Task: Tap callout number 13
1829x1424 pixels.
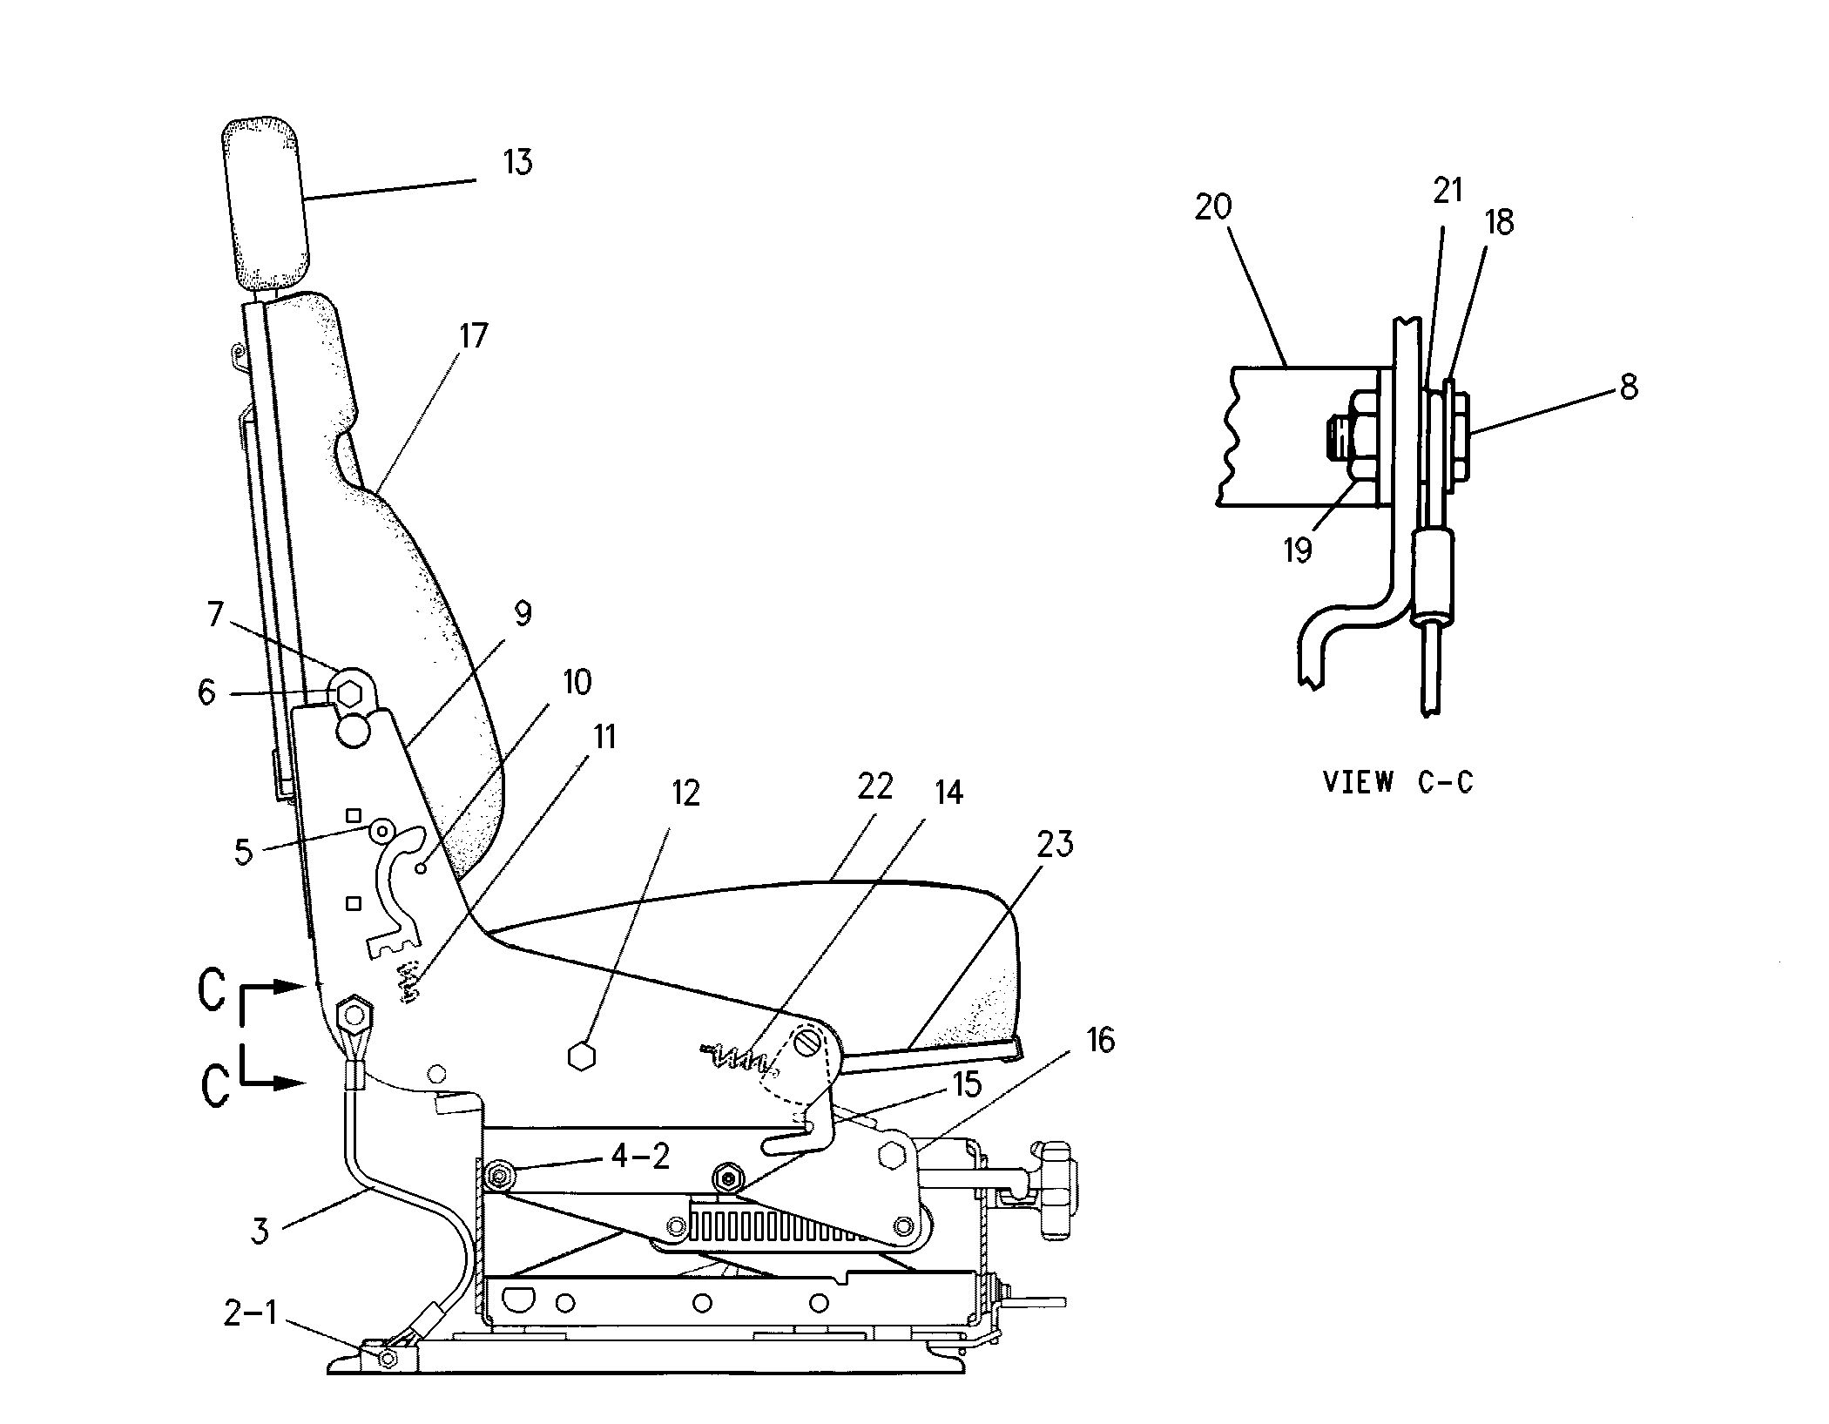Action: [517, 162]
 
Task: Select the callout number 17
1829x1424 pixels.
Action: [473, 335]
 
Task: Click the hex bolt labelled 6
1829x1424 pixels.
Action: [349, 694]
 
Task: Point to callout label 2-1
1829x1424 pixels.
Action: [250, 1313]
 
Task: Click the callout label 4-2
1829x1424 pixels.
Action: [640, 1156]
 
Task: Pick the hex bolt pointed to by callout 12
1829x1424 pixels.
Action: [580, 1056]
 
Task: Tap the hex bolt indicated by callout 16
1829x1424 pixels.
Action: [894, 1155]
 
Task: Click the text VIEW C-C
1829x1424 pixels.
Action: [1398, 782]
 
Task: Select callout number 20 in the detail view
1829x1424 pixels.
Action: [1213, 207]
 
